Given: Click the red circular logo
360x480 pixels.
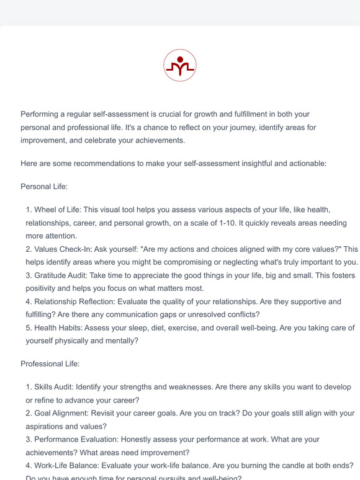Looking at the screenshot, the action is click(x=180, y=66).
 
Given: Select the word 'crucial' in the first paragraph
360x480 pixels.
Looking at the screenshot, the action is click(x=173, y=114).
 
